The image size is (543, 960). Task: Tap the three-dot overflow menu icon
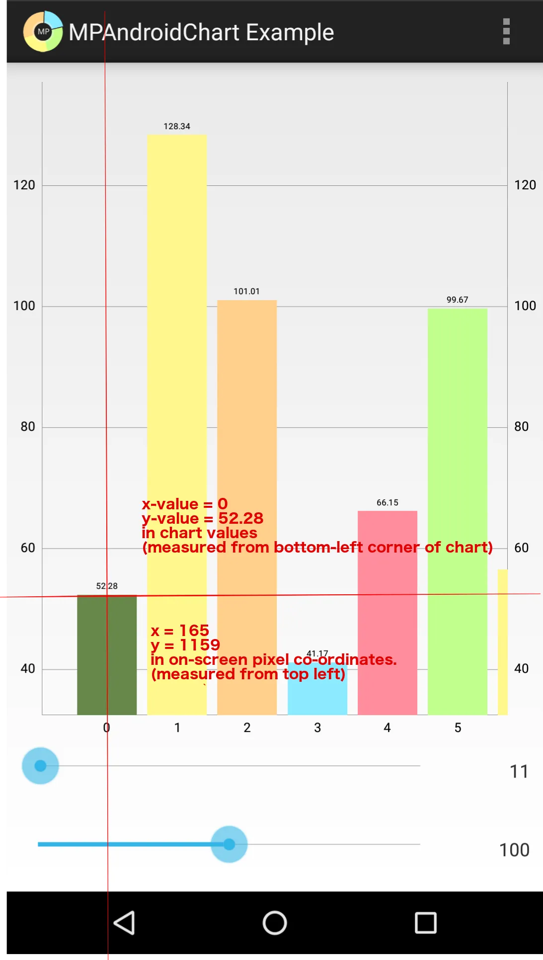click(x=506, y=32)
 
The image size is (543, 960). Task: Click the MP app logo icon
click(x=43, y=32)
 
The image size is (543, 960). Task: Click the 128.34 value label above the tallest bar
click(x=177, y=126)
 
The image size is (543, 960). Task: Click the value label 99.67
click(x=457, y=300)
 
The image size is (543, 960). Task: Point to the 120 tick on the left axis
click(x=24, y=185)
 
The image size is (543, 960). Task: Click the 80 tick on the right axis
click(x=521, y=426)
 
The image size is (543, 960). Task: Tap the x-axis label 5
click(x=458, y=727)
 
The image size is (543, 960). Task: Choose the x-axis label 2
click(x=247, y=727)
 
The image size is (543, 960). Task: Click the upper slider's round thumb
click(x=40, y=766)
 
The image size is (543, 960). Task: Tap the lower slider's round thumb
click(x=229, y=844)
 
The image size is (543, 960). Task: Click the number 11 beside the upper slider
click(x=519, y=771)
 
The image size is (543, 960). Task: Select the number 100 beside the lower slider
click(x=514, y=850)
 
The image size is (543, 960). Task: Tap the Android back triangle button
click(x=124, y=923)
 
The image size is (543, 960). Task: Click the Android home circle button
click(x=275, y=923)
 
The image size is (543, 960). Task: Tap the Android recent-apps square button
click(x=426, y=923)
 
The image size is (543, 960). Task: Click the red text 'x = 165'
click(x=180, y=631)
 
